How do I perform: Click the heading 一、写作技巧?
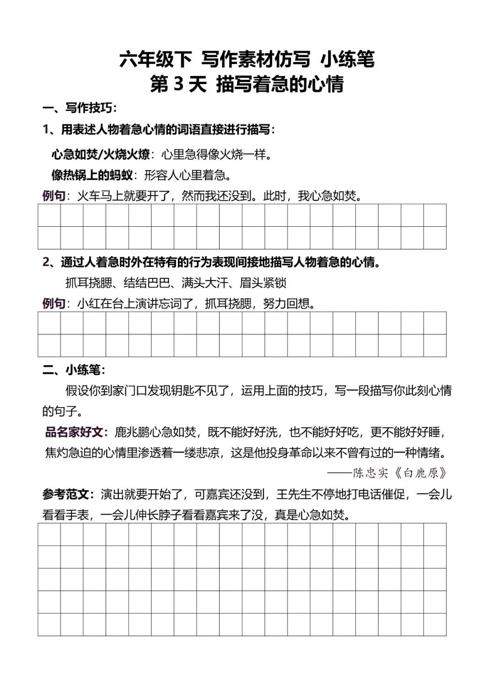(80, 108)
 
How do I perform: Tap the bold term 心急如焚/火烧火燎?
(100, 155)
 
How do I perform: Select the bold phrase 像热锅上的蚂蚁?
(92, 175)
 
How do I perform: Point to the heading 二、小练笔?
(74, 370)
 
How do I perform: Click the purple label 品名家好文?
(75, 432)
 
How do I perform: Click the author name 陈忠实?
(370, 473)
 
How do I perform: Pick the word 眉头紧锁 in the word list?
(263, 283)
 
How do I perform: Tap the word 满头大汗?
(204, 283)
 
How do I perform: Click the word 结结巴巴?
(146, 283)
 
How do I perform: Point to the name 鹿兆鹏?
(132, 432)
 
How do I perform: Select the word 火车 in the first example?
(88, 196)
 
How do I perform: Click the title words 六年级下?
(156, 60)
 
